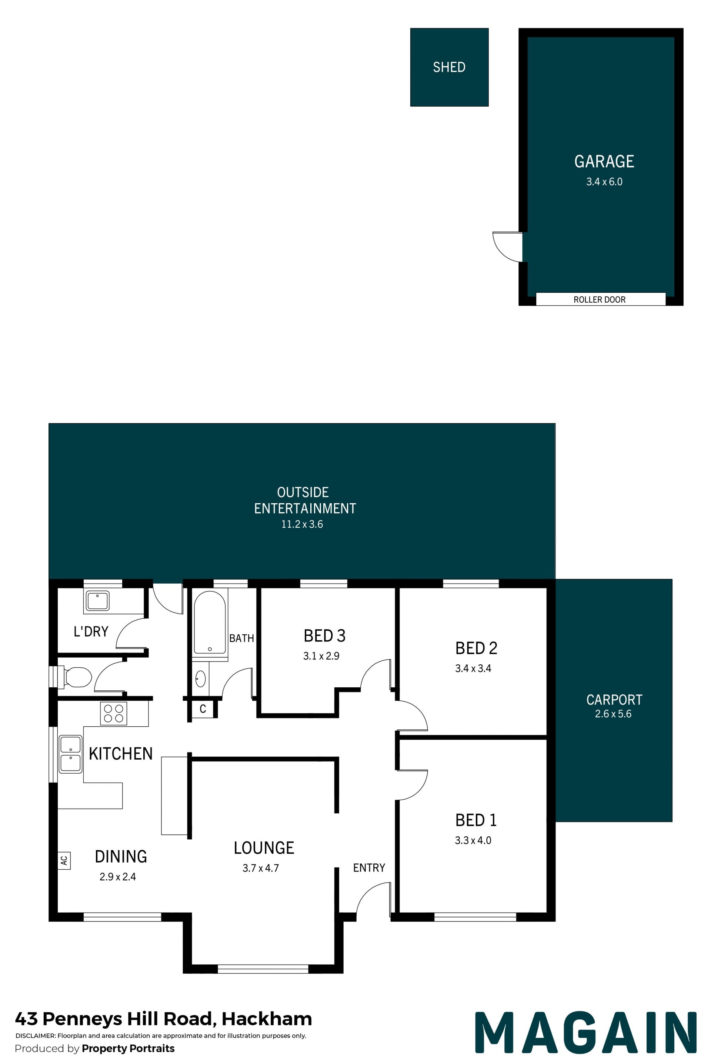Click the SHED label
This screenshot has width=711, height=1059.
[449, 67]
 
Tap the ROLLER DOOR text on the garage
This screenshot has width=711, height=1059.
[600, 299]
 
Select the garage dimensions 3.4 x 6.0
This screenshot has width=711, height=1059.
[604, 182]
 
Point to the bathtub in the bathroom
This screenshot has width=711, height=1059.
[210, 622]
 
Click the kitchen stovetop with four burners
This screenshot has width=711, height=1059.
[113, 713]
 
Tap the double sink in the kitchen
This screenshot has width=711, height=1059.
[70, 754]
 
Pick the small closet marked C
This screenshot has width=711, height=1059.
[203, 709]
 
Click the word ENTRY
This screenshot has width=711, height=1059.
[369, 867]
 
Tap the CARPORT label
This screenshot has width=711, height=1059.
[614, 700]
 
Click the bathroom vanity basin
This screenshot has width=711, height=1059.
[200, 679]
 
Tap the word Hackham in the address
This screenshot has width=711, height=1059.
[267, 1019]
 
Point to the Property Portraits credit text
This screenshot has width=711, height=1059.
[128, 1048]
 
